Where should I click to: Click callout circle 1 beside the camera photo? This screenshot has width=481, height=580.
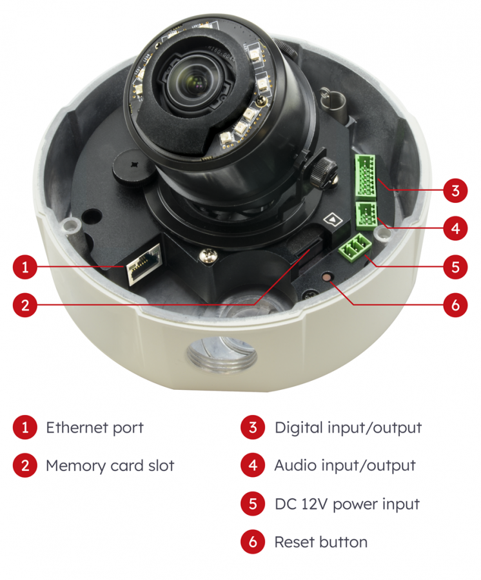pyautogui.click(x=25, y=267)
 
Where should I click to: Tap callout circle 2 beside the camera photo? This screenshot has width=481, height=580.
pyautogui.click(x=25, y=305)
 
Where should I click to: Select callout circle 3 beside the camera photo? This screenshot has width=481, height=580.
pyautogui.click(x=455, y=190)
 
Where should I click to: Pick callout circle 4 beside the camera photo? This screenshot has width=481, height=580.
pyautogui.click(x=455, y=228)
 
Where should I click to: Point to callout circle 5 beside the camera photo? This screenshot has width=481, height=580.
pyautogui.click(x=455, y=267)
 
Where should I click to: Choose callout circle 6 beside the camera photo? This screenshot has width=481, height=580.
pyautogui.click(x=455, y=305)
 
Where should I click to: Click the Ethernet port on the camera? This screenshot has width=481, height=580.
pyautogui.click(x=144, y=264)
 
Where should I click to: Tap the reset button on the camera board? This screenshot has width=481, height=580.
pyautogui.click(x=327, y=277)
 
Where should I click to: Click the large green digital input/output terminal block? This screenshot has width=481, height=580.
pyautogui.click(x=365, y=176)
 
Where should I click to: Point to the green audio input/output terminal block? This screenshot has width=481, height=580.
pyautogui.click(x=366, y=214)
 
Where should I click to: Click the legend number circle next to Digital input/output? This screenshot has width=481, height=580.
pyautogui.click(x=253, y=427)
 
